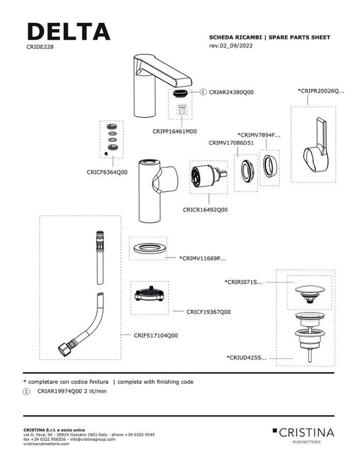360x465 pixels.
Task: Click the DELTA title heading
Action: point(68,31)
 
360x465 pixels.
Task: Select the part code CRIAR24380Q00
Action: point(231,92)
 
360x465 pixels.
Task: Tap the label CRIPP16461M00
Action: point(175,132)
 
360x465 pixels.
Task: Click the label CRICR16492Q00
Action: point(205,210)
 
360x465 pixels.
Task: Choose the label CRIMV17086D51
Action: point(231,142)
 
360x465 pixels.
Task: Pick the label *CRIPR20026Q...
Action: point(321,91)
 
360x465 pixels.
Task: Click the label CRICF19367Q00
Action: point(209,312)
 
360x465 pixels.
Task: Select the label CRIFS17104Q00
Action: point(155,335)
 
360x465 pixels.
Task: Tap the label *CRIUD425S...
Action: point(246,357)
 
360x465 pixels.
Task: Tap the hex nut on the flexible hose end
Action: point(65,349)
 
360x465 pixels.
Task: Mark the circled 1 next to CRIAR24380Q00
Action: point(203,92)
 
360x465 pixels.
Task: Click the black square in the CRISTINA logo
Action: point(274,430)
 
